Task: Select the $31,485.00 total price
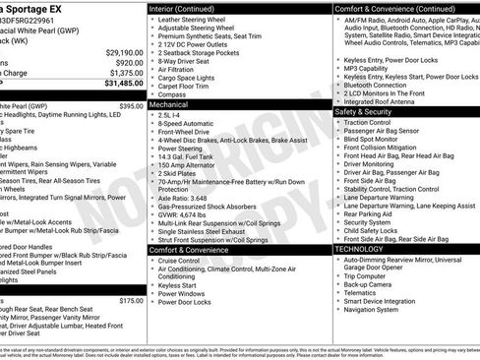tap(118, 84)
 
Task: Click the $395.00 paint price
tap(131, 105)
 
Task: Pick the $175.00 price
tap(131, 301)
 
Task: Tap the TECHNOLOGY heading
tap(359, 249)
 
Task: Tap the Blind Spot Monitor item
tap(380, 139)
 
